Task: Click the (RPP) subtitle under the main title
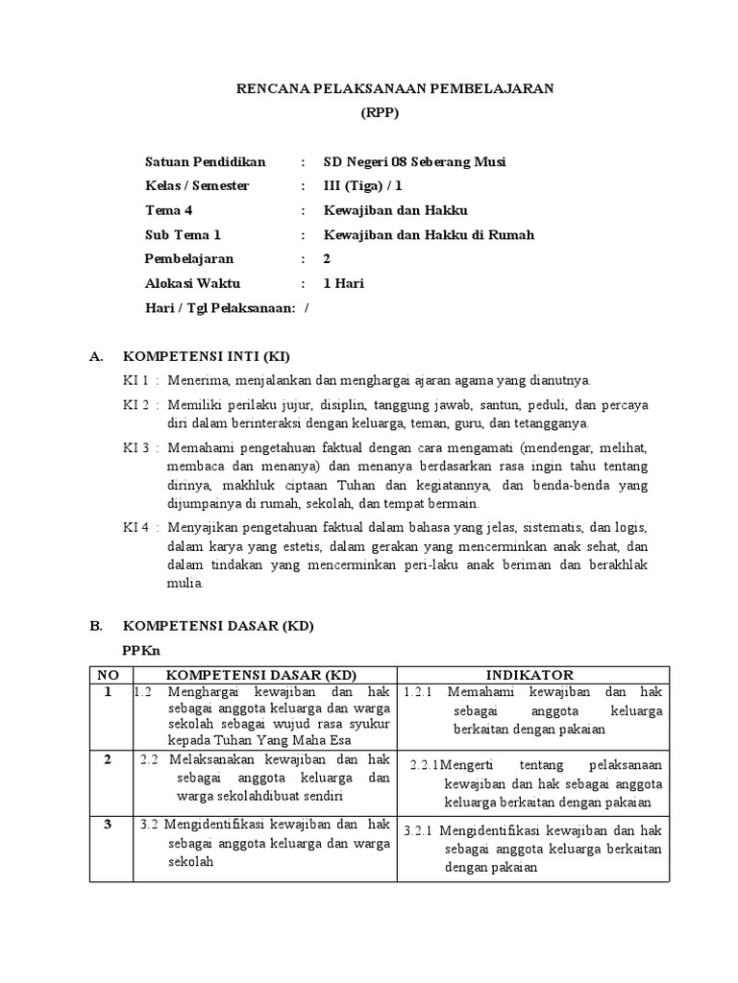tap(379, 113)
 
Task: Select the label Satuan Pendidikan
tap(205, 161)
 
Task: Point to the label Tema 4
tap(169, 210)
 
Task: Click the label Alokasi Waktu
tap(192, 283)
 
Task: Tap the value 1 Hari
tap(343, 283)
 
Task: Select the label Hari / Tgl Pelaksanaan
tap(221, 307)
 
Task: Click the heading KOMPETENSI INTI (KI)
tap(202, 356)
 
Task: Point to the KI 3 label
tap(135, 447)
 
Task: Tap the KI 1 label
tap(135, 380)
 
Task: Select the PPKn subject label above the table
tap(138, 650)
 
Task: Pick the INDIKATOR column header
tap(530, 675)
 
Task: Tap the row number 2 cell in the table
tap(108, 759)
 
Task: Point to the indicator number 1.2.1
tap(420, 692)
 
